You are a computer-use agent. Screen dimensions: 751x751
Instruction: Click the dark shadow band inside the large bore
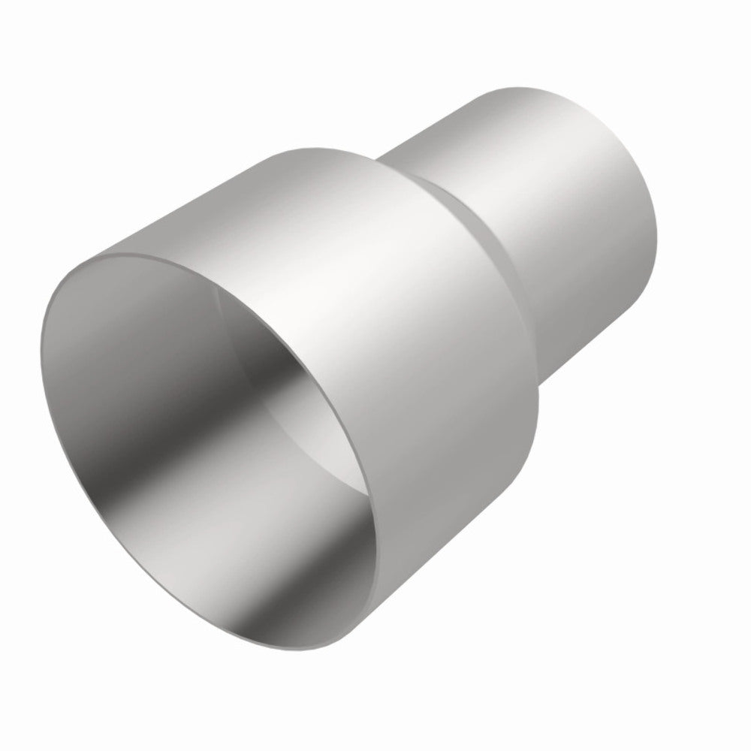(x=225, y=421)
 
